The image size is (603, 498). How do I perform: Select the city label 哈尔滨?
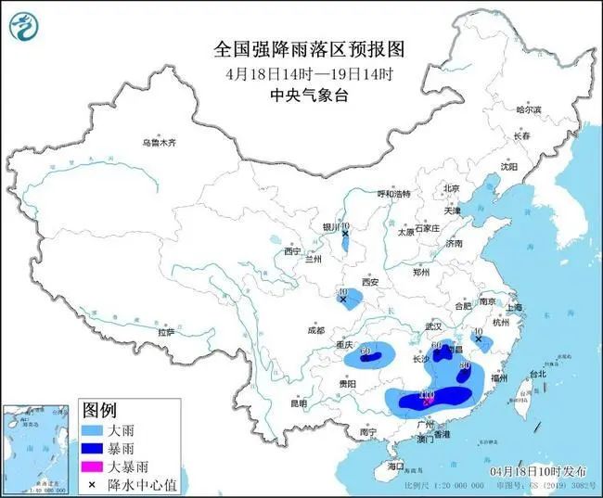click(x=527, y=110)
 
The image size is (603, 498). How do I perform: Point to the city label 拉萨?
click(x=166, y=332)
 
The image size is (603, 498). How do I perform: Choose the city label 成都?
click(x=314, y=330)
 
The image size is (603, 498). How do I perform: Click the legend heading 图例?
click(x=99, y=409)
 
